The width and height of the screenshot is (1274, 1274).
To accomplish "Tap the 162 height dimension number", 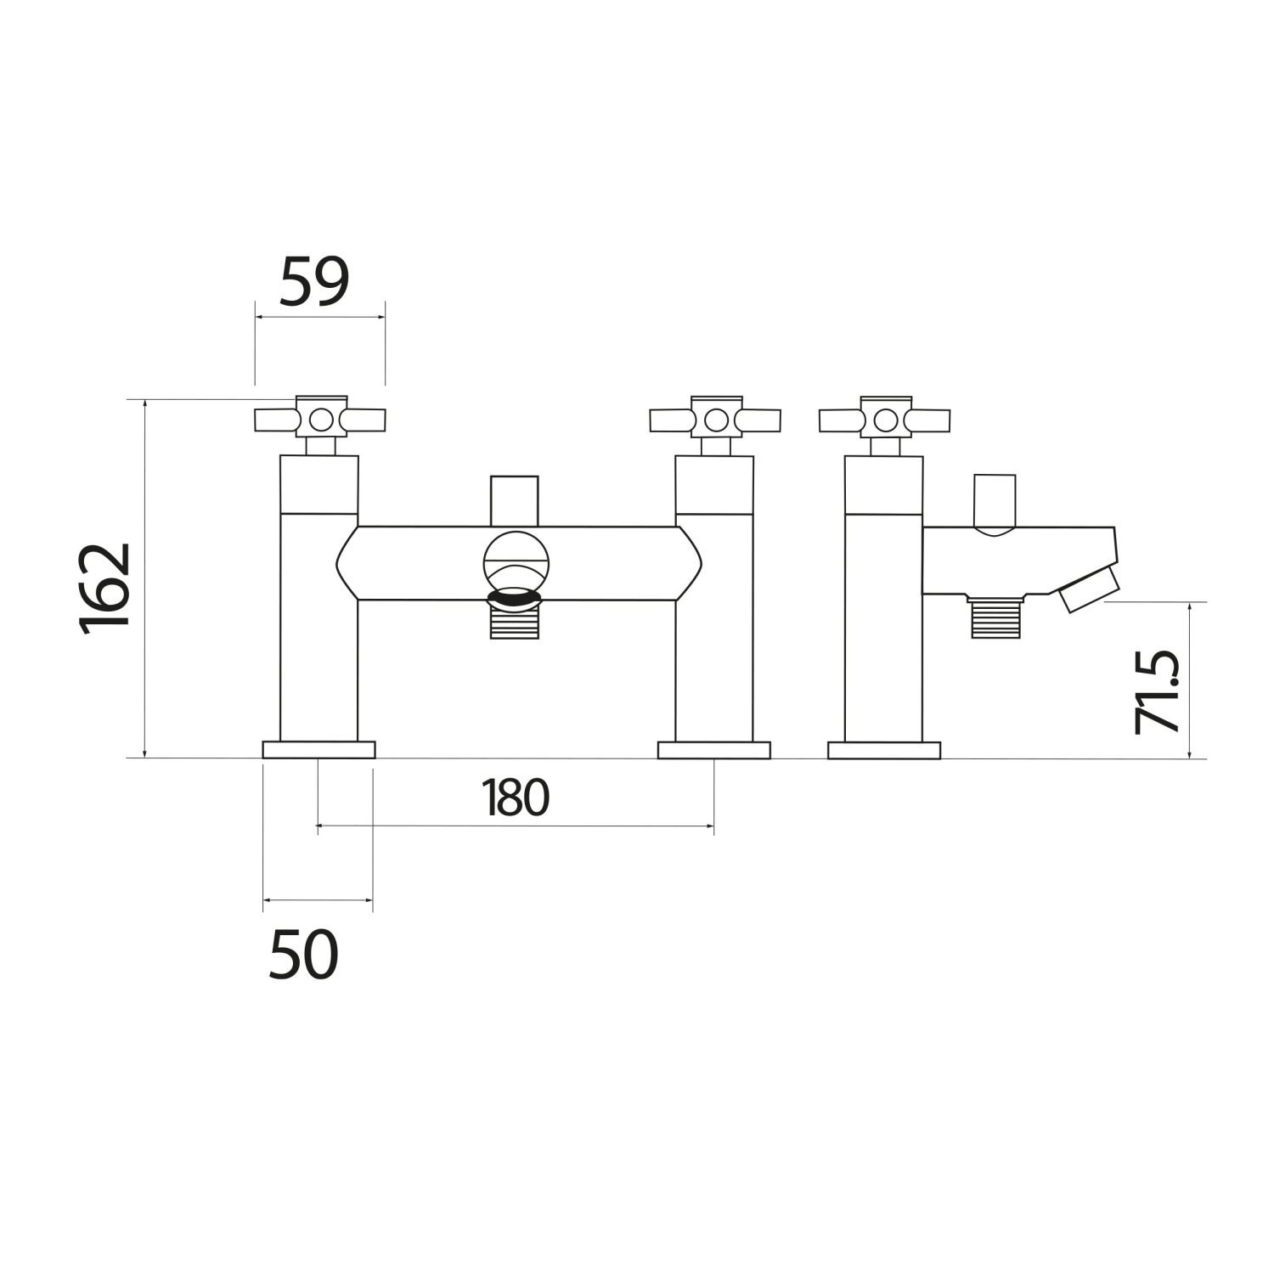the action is [x=104, y=585].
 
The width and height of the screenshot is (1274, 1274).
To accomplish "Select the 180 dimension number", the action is [x=516, y=798].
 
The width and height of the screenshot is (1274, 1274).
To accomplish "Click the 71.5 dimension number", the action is [x=1157, y=691].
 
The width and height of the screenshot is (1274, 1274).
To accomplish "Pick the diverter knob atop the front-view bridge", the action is [x=515, y=501].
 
